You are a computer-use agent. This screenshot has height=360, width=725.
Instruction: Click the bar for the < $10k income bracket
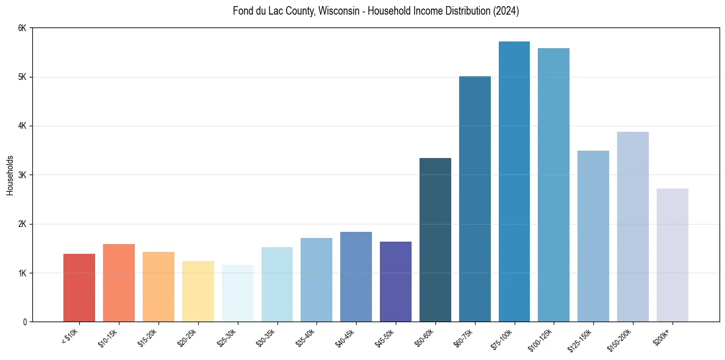tap(79, 287)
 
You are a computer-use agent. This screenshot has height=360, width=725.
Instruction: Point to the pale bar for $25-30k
tap(237, 293)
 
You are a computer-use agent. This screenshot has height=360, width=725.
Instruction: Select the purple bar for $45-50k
tap(396, 281)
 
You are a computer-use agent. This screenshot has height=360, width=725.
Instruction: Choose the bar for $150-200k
tap(632, 226)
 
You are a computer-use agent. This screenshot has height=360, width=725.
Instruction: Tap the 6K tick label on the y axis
tap(23, 28)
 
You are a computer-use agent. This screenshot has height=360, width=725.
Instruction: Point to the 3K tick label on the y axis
tap(23, 175)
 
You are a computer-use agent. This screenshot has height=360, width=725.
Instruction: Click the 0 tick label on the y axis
tap(25, 322)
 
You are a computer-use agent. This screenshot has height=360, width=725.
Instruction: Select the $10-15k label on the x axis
tap(109, 337)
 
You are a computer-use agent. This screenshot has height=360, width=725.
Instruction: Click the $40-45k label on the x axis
tap(346, 337)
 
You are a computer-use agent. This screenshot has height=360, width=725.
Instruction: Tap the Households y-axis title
tap(10, 175)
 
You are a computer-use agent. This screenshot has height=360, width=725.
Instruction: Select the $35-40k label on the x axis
tap(306, 337)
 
